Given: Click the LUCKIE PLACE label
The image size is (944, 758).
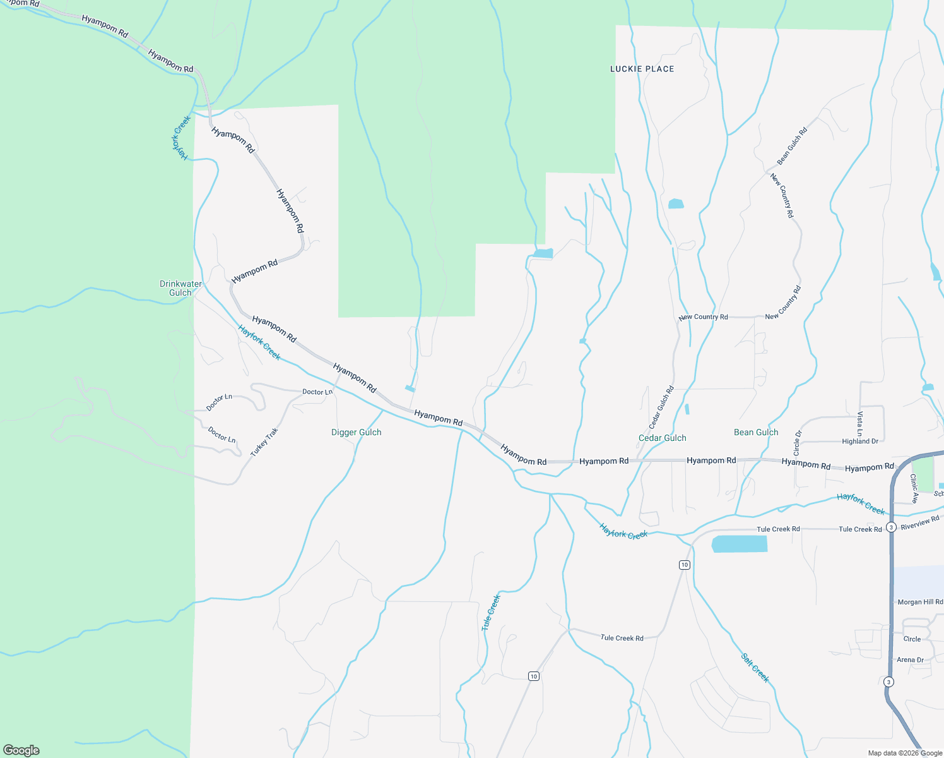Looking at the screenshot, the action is click(x=642, y=69).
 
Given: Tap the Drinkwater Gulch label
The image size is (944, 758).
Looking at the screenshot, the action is click(x=180, y=288).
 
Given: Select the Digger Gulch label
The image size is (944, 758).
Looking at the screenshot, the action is click(x=356, y=432).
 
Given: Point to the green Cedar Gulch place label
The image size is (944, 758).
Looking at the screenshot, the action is click(x=662, y=438).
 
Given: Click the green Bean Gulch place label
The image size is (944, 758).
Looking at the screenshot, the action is click(x=756, y=432).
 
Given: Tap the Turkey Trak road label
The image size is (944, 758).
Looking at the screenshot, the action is click(x=264, y=442).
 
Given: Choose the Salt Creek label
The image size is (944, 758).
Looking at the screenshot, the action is click(x=755, y=668).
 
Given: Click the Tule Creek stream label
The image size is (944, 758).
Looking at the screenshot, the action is click(x=490, y=612).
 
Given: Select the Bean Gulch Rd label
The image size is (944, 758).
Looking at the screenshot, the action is click(x=792, y=147).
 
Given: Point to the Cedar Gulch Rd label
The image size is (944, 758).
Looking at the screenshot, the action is click(x=661, y=407).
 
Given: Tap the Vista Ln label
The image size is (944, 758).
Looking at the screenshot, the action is click(x=859, y=423).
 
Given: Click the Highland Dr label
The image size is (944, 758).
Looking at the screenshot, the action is click(x=859, y=442).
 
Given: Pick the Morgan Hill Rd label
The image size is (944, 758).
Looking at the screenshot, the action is click(x=920, y=602).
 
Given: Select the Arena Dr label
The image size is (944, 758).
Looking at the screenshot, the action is click(x=910, y=659).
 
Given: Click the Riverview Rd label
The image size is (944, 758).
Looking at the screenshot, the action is click(x=919, y=522).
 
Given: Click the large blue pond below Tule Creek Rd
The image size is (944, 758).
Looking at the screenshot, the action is click(x=740, y=544).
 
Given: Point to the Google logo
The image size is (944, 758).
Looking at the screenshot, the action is click(x=21, y=750).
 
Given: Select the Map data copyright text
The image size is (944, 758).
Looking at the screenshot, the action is click(x=905, y=753).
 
